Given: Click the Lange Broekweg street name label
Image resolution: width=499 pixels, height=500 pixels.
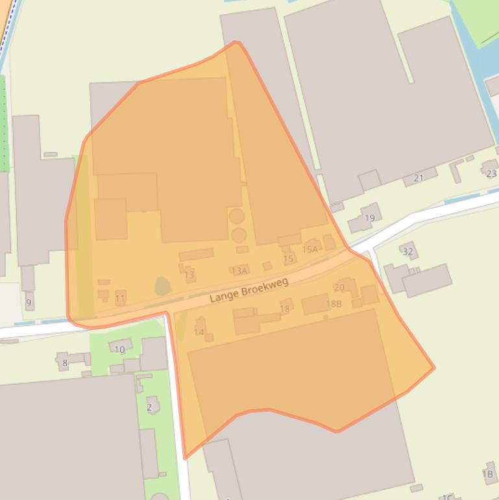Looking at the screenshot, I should point(249,291).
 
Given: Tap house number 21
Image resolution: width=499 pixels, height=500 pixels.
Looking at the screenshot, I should point(419,178).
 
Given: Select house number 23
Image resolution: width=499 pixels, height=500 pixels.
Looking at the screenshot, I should point(491,173).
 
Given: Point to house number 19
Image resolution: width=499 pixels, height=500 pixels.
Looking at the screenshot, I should point(370,218).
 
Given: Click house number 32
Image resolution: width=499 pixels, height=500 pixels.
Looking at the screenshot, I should point(408,252).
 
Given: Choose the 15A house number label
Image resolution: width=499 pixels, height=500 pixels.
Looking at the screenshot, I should point(310,249).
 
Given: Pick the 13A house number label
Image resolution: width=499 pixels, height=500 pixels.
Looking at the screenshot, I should point(239,271).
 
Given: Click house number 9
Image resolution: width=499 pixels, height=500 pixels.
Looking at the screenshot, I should point(29,303).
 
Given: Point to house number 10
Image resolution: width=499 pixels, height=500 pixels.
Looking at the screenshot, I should point(119,349).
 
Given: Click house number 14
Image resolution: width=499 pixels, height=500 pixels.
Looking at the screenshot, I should point(199,332).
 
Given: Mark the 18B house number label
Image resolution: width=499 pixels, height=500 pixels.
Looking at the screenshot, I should point(334,304).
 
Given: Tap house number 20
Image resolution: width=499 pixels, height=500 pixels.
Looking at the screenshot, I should point(339,288).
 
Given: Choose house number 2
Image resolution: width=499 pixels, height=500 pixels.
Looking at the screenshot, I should point(149,408).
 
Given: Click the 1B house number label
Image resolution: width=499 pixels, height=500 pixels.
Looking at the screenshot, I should point(488,475).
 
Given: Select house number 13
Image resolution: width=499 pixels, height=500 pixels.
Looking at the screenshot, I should point(189,275).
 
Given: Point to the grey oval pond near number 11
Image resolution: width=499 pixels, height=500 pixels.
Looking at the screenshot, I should point(162,286).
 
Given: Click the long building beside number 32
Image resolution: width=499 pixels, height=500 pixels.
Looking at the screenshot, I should point(427,279).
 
